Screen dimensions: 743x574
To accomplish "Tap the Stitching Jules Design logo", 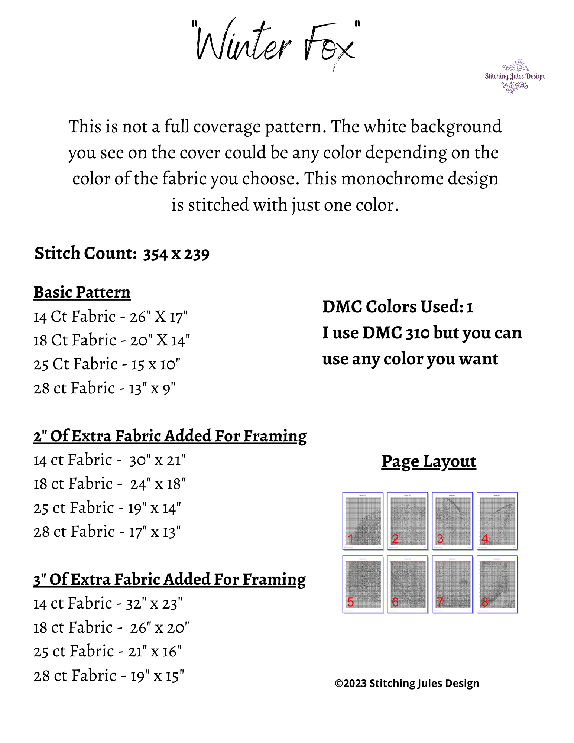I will [515, 77].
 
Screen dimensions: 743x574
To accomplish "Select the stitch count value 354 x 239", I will [176, 254].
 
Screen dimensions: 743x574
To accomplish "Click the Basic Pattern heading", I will [82, 292].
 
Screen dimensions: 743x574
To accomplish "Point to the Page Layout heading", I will [429, 462].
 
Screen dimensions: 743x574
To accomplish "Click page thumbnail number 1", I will [363, 520].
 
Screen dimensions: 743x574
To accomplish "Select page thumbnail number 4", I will [497, 520].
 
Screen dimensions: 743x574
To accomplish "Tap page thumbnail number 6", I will [407, 584].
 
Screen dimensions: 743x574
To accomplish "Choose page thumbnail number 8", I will [497, 584].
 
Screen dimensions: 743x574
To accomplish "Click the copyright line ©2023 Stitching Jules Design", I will [407, 684].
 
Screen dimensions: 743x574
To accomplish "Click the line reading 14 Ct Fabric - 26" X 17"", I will [110, 317].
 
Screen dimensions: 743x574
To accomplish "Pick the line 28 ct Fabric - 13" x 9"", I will [104, 389].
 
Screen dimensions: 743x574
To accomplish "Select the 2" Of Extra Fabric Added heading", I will [170, 436].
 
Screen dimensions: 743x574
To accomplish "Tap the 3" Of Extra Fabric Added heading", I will [169, 580].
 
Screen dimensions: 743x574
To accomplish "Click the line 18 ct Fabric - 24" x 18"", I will [109, 484].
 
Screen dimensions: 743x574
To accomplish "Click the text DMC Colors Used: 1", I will [398, 307].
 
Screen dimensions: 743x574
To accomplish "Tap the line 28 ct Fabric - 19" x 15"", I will [108, 676].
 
